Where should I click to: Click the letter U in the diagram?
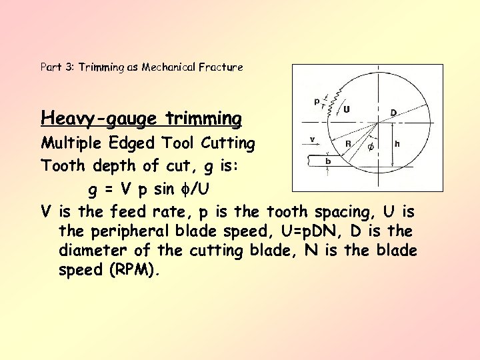coord(347,108)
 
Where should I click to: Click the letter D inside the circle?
coord(394,112)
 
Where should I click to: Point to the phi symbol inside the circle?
coord(371,146)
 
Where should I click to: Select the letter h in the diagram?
coord(397,143)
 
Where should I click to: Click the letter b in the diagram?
coord(328,161)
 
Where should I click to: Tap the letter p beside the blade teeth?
coord(316,101)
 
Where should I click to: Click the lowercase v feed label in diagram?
coord(312,139)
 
